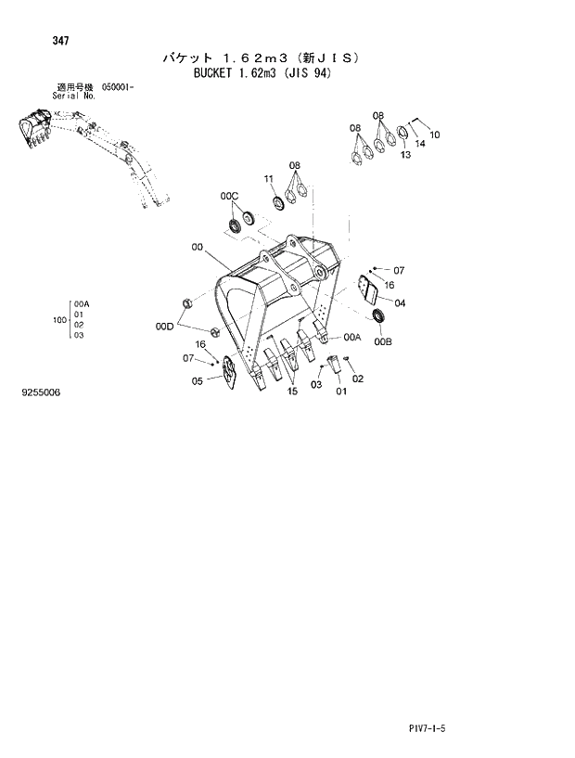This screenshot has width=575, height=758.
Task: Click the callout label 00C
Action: coord(229,196)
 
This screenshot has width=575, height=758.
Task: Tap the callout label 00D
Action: coord(164,326)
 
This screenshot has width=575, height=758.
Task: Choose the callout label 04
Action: coord(399,303)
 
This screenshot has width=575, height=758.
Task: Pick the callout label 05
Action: coord(198,380)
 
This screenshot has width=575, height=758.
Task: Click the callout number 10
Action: coord(435,135)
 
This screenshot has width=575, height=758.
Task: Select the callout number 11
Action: coord(268,178)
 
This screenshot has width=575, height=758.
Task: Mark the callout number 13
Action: coord(404,155)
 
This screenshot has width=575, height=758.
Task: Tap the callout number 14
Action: coord(420,144)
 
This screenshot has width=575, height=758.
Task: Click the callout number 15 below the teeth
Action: coord(292,392)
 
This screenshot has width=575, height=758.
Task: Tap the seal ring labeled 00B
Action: coord(379,319)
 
